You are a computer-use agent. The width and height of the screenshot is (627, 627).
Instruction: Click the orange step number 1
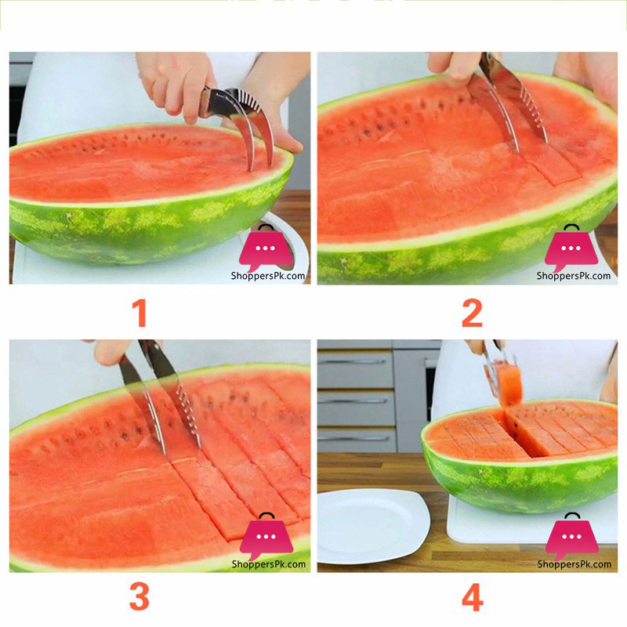pyautogui.click(x=140, y=313)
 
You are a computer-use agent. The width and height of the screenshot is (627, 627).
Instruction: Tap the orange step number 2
pyautogui.click(x=472, y=313)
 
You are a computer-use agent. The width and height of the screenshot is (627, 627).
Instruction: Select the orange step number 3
pyautogui.click(x=140, y=597)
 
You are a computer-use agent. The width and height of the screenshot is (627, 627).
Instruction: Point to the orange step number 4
pyautogui.click(x=472, y=597)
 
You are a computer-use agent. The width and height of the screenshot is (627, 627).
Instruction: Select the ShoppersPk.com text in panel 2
pyautogui.click(x=574, y=276)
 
